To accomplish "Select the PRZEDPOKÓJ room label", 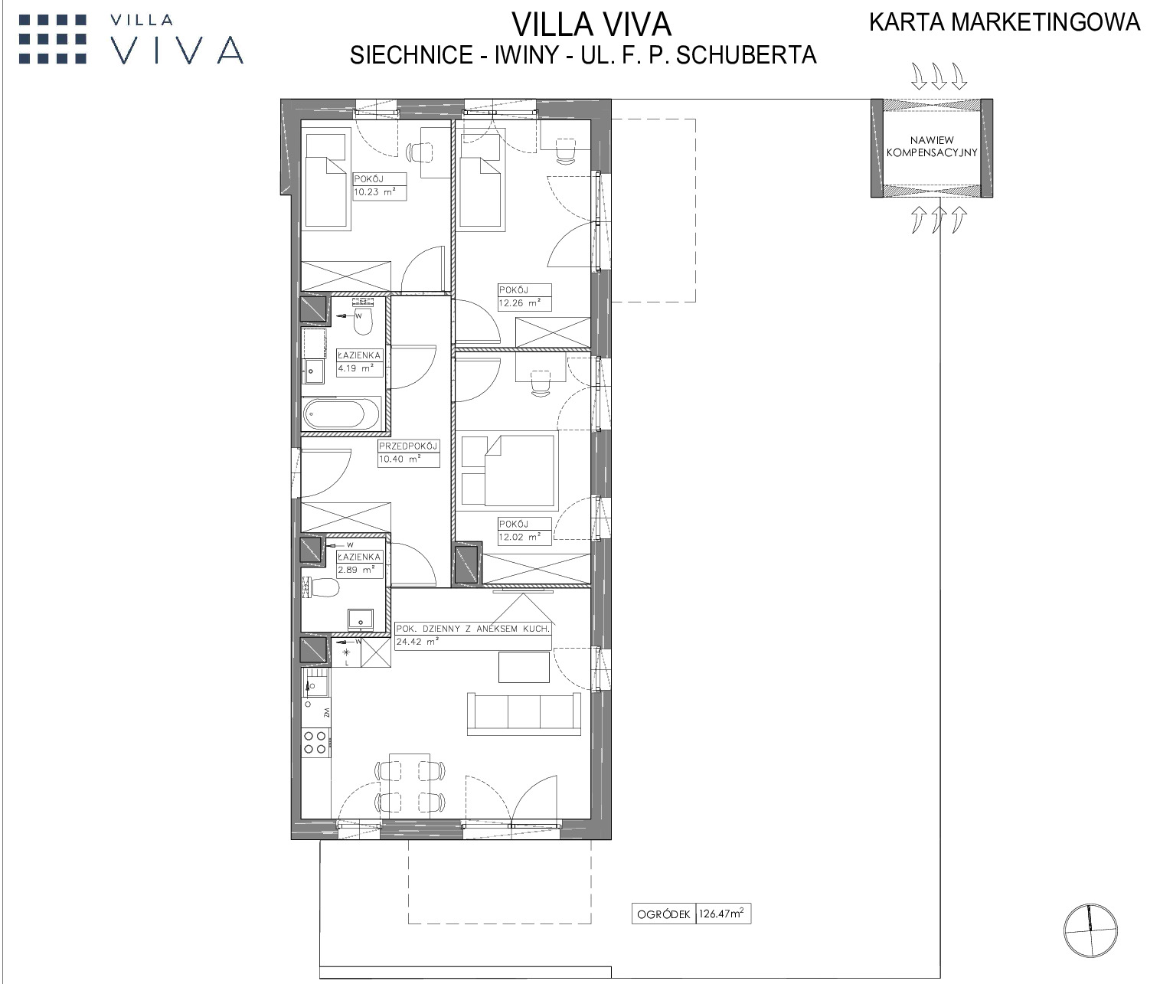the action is tap(407, 446).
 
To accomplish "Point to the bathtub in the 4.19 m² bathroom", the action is tap(341, 414).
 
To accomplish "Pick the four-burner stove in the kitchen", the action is tap(315, 742).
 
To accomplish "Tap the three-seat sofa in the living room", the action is tap(524, 714).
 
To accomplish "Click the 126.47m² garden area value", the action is tap(722, 914).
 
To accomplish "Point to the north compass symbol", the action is tap(1090, 930).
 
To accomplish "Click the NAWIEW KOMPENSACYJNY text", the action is tap(932, 146).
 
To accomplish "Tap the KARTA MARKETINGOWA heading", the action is tap(1005, 22).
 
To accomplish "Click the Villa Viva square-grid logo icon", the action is tap(53, 39).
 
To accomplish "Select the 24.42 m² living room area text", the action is tap(417, 642).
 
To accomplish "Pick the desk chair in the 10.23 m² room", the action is tap(420, 152).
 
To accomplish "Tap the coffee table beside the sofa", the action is tap(524, 667).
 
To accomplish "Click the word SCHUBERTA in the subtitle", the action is tap(746, 55).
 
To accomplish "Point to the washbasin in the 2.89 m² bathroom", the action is tap(361, 619).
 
